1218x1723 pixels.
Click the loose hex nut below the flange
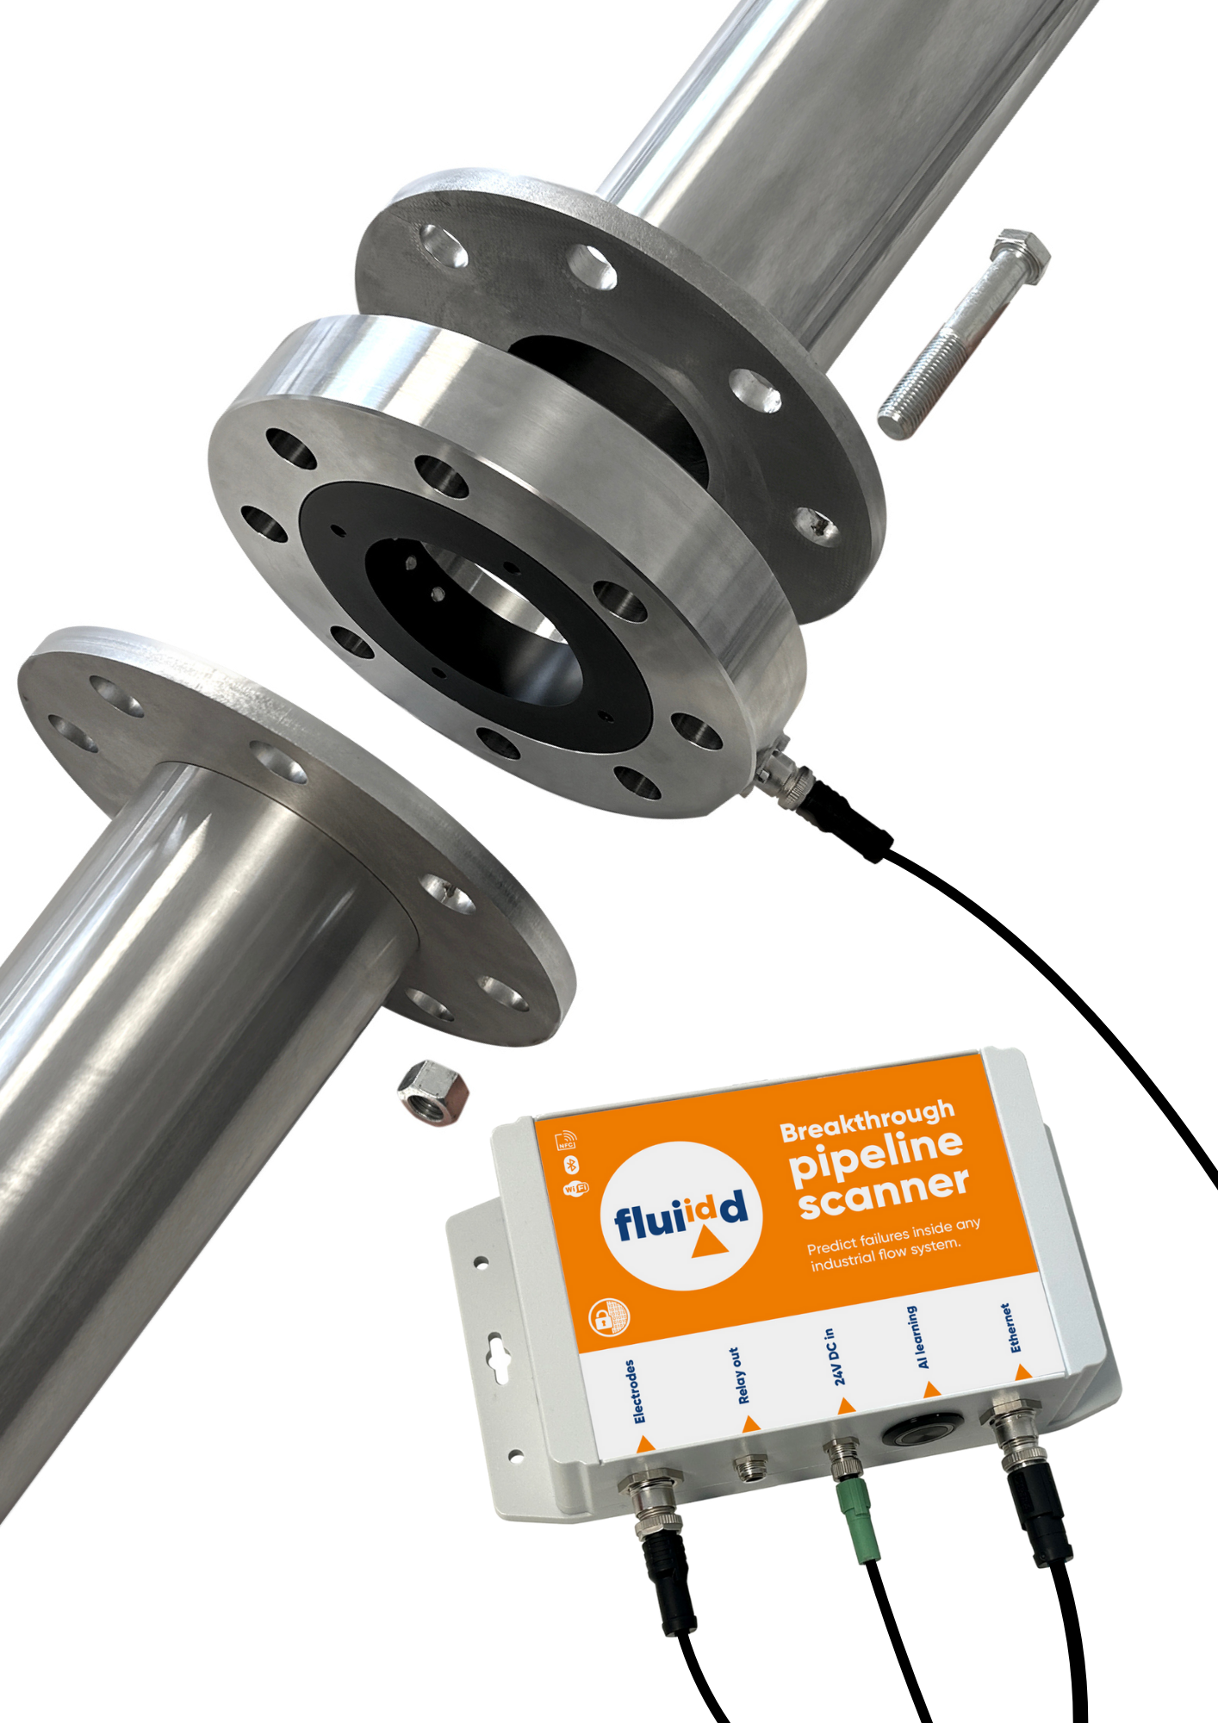pyautogui.click(x=432, y=1092)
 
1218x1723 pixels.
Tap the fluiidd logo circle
pyautogui.click(x=681, y=1215)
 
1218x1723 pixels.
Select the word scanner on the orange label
pyautogui.click(x=884, y=1193)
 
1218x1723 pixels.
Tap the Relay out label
pyautogui.click(x=739, y=1376)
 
